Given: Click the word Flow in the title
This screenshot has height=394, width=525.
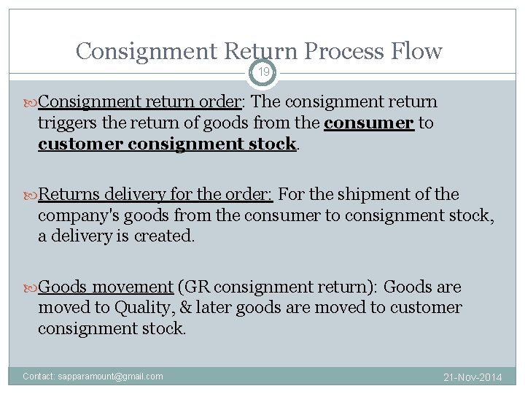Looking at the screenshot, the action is tap(414, 51).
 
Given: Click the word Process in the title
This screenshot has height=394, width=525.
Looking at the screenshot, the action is tap(332, 52).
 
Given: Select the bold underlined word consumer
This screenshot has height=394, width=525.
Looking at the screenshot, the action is tap(370, 123).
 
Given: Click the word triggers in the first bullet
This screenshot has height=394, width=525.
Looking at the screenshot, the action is tap(66, 123).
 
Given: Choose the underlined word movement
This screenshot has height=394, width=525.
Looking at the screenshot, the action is tap(136, 287).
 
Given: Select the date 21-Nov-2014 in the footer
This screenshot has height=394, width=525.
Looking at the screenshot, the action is tap(473, 377).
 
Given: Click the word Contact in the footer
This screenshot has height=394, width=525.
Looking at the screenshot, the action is tap(37, 376).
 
